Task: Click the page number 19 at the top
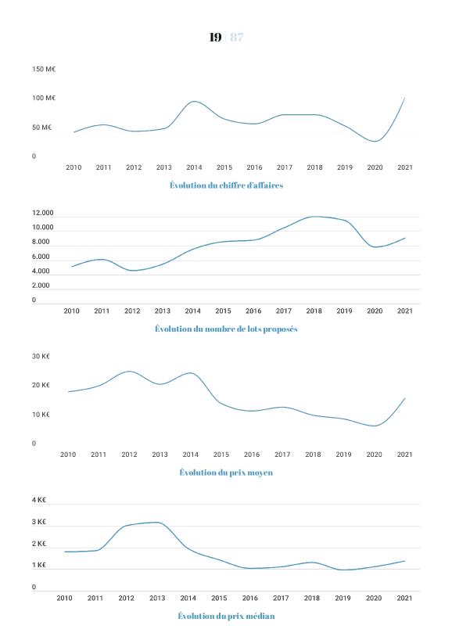[215, 37]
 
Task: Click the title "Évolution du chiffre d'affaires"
[227, 185]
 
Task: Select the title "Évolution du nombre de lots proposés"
[226, 329]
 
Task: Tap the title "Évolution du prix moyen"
[226, 473]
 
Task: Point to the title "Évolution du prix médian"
[226, 616]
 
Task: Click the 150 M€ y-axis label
[44, 70]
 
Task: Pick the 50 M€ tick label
[41, 128]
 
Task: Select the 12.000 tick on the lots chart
[43, 213]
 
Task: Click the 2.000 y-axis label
[41, 286]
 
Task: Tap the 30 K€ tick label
[41, 356]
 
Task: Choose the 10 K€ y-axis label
[41, 415]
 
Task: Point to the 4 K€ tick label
[39, 500]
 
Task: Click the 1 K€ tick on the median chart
[39, 566]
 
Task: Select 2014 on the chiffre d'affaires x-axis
[194, 167]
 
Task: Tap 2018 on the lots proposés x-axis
[314, 311]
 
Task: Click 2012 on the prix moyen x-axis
[129, 455]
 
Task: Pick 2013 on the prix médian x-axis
[157, 598]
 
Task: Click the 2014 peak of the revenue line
[194, 101]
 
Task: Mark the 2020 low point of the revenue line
[375, 142]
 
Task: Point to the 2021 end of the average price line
[404, 398]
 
